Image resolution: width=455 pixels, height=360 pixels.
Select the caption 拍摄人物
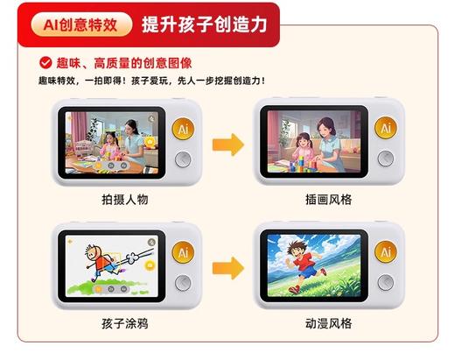tap(124, 200)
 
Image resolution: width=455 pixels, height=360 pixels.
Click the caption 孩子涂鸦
tap(124, 323)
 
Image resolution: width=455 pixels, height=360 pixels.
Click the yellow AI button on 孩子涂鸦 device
tap(183, 251)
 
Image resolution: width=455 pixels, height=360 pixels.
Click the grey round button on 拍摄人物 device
tap(183, 159)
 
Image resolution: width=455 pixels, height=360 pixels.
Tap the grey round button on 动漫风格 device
tap(384, 282)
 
